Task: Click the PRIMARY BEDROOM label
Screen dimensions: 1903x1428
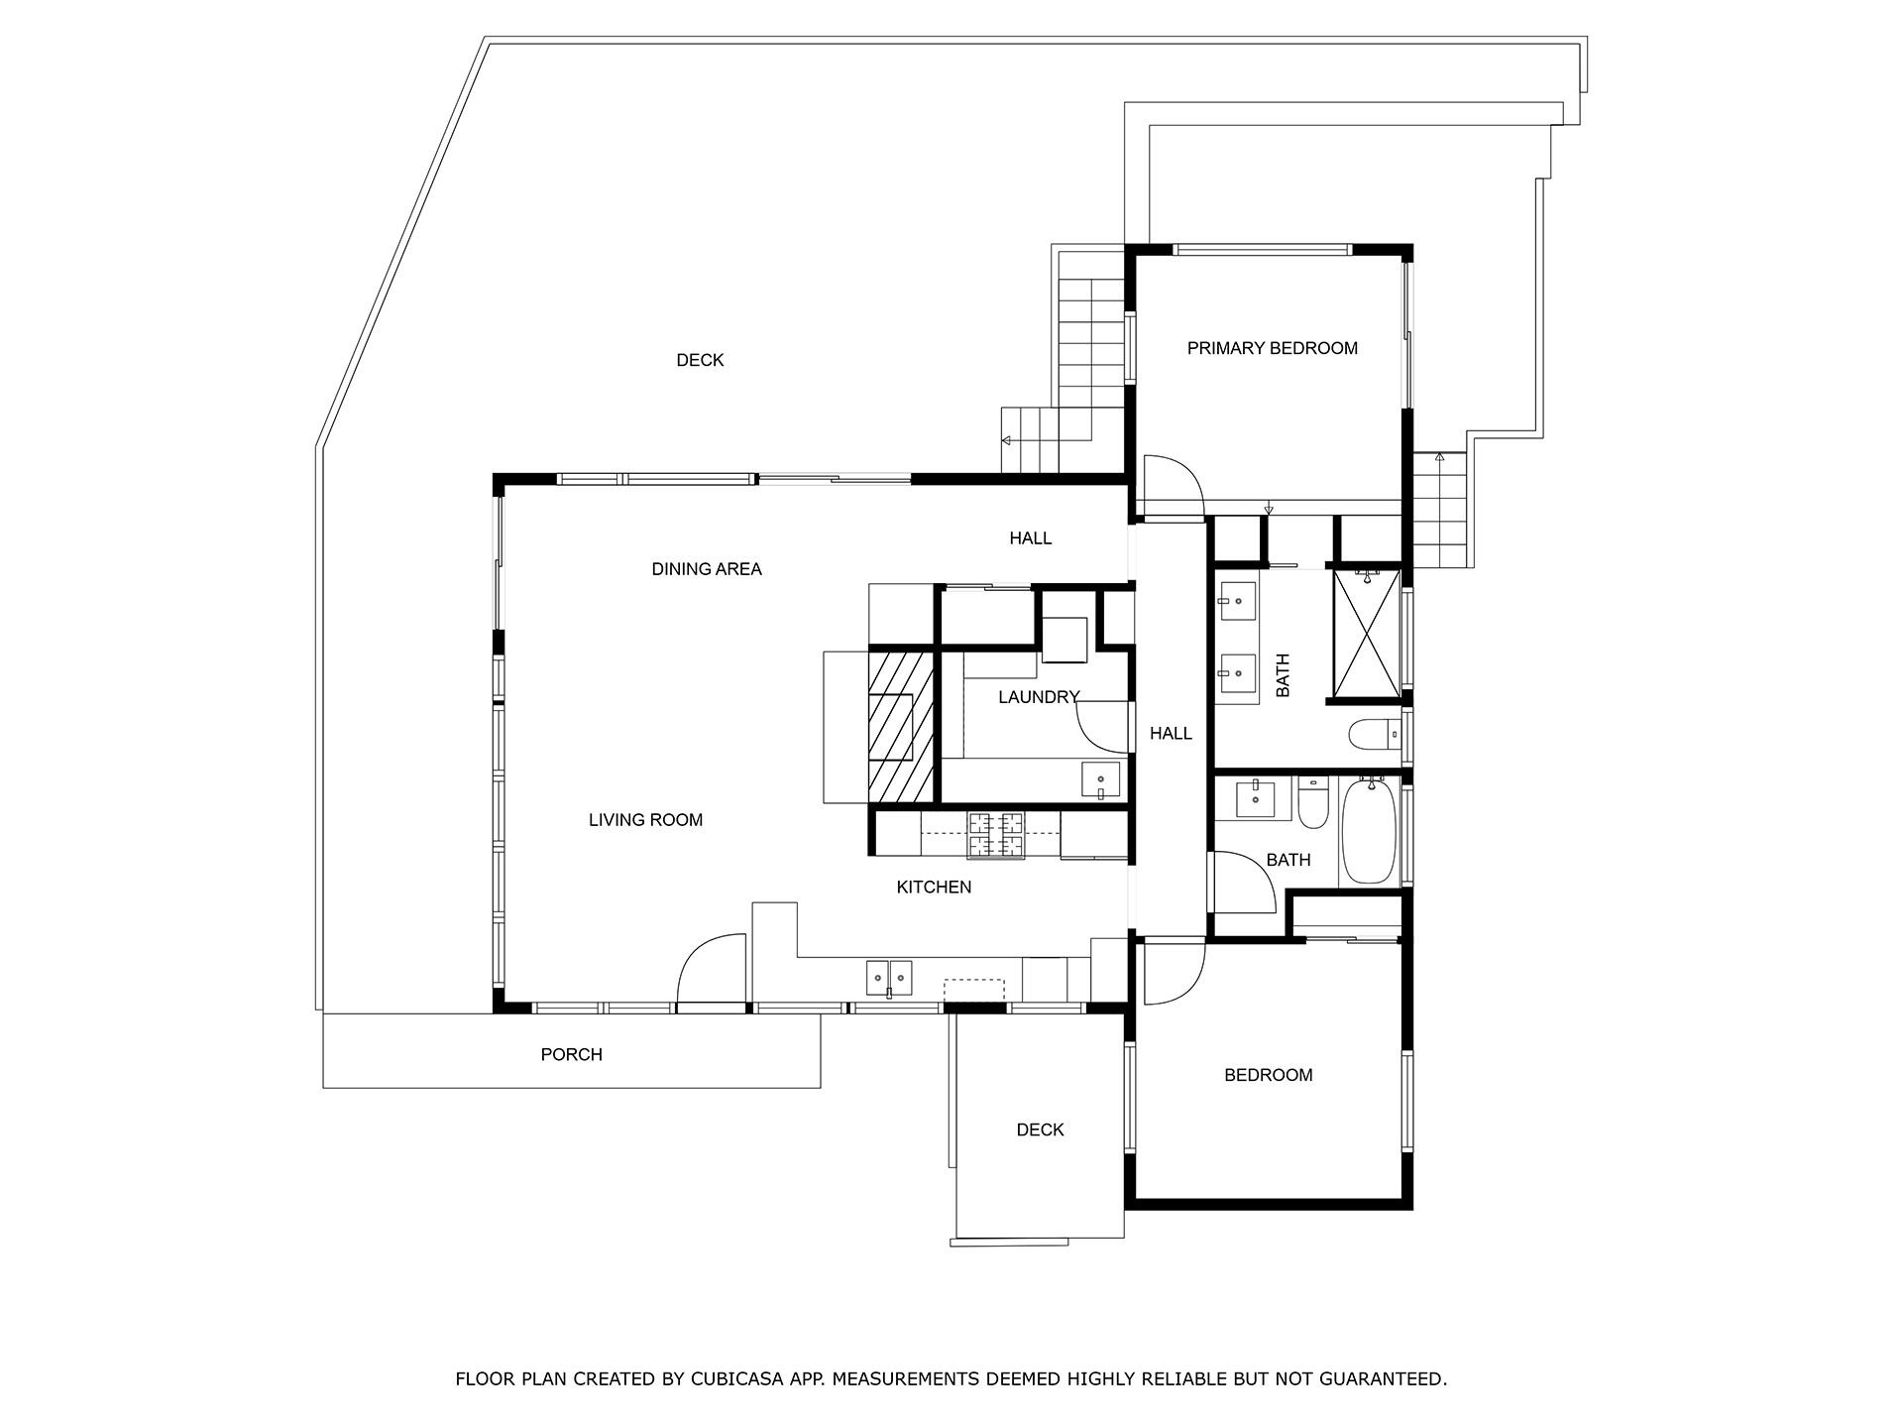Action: click(1272, 348)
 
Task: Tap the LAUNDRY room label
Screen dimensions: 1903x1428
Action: click(1037, 697)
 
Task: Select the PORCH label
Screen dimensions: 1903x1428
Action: click(571, 1054)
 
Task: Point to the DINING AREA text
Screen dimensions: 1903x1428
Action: click(706, 568)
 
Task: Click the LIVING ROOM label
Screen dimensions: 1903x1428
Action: click(645, 819)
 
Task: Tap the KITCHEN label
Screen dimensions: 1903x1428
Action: click(934, 887)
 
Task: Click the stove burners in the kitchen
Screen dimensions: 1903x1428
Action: click(995, 834)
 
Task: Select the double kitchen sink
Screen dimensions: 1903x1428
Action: click(889, 978)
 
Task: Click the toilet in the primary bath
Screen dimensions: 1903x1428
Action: click(1373, 735)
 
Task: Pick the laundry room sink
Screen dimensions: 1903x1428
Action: click(1100, 779)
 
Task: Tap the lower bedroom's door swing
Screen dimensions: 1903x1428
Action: click(1173, 972)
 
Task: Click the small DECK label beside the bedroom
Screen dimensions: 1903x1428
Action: click(1040, 1130)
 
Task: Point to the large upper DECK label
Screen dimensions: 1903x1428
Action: click(700, 360)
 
